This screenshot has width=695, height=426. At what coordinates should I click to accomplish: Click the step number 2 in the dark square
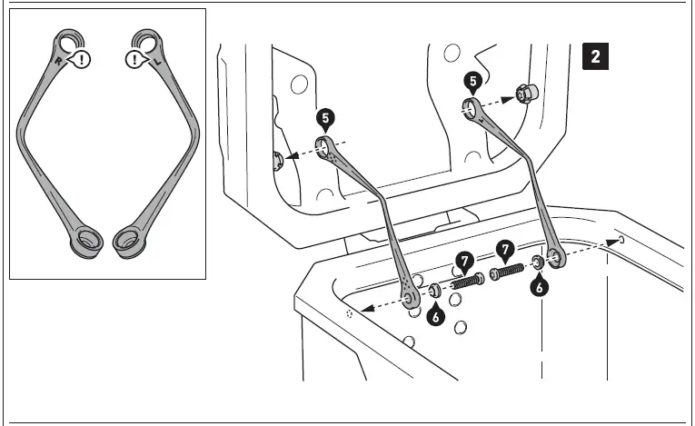coord(595,56)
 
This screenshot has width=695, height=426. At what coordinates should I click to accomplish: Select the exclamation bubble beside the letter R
coord(83,62)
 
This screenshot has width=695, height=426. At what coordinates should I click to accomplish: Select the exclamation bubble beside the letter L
coord(135,61)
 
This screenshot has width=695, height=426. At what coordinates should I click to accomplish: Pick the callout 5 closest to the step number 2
coord(473,82)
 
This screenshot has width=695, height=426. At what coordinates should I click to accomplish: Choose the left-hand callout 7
coord(464,262)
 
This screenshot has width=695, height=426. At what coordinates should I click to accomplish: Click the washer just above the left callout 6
coord(434,291)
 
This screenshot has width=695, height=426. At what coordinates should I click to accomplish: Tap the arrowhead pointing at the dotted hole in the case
coord(363,310)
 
